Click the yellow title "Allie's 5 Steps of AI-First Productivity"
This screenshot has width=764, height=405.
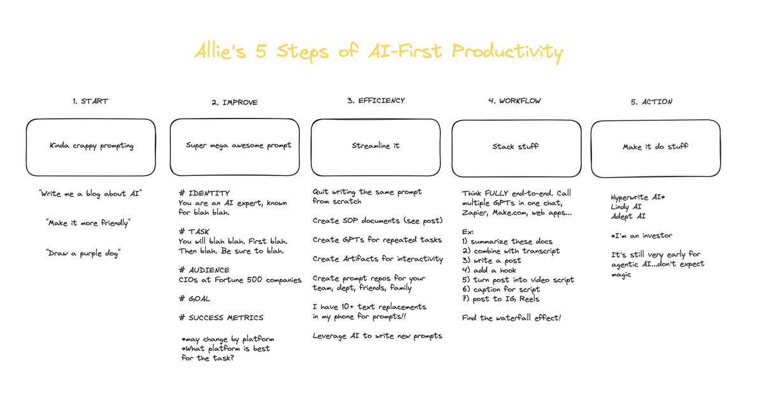[378, 52]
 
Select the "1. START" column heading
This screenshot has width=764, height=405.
[90, 101]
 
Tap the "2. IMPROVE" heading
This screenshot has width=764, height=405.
[234, 102]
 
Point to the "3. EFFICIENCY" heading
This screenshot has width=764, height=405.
[376, 100]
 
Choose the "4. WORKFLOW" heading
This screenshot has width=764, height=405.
[516, 101]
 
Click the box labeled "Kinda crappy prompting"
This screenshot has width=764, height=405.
[91, 146]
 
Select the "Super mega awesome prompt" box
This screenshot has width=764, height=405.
[234, 146]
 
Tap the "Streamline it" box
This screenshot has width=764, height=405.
[376, 146]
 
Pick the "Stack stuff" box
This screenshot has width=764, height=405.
[516, 146]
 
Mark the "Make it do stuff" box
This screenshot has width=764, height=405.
[655, 147]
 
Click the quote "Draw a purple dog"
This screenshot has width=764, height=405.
[83, 253]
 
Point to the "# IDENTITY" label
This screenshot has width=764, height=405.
[204, 192]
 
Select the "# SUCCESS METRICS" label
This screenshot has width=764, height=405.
[221, 317]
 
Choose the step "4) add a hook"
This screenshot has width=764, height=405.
[490, 270]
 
